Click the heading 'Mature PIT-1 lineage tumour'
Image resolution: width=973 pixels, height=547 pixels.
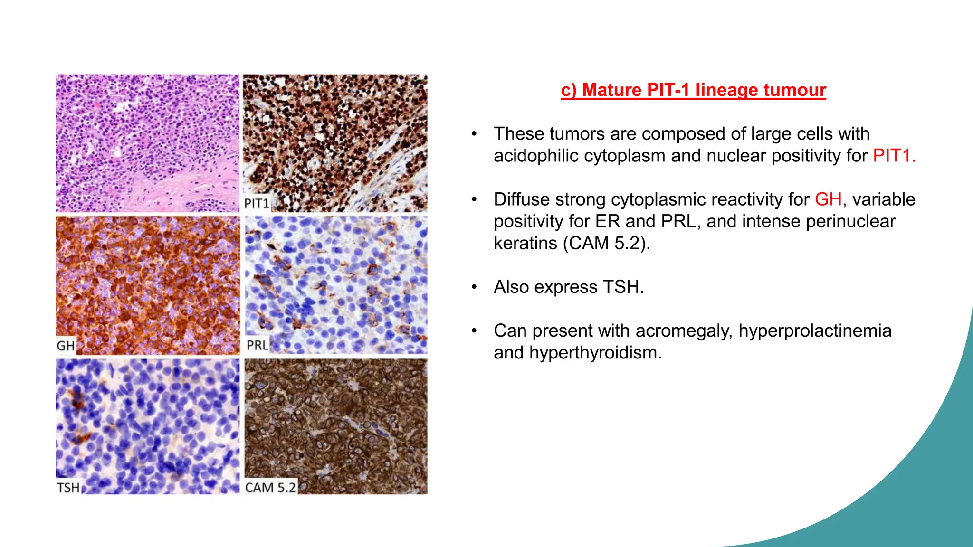693,90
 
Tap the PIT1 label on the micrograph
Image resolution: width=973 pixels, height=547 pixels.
257,203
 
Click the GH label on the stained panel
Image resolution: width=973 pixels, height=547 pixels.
66,345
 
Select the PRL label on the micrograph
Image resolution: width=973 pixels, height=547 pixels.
257,345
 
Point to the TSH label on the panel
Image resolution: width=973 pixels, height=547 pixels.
68,488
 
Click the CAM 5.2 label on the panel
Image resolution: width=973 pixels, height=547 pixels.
270,487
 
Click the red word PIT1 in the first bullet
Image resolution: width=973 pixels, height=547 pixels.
893,156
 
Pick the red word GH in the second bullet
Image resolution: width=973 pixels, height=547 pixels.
828,199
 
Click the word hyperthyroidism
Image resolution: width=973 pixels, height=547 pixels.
595,353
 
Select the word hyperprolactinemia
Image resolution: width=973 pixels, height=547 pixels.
815,330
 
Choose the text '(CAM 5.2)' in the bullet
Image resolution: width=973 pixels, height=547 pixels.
606,243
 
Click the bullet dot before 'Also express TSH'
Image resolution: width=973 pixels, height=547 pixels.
474,287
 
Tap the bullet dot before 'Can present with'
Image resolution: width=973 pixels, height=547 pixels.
474,331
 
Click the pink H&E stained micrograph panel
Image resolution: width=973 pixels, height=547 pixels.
147,142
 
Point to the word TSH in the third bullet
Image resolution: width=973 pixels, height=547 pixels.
622,287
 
